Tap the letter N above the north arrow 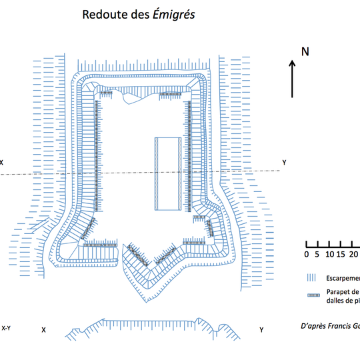point(305,51)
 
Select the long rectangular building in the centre point(167,173)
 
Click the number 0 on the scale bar point(307,254)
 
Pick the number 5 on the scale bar point(317,254)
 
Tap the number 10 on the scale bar point(329,254)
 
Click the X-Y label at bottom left point(7,328)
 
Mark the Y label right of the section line point(284,162)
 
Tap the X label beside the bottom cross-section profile point(43,330)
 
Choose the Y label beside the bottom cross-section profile point(261,330)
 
